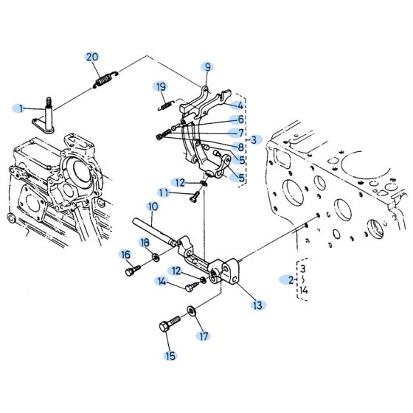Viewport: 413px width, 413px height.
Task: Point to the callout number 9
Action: [x=208, y=66]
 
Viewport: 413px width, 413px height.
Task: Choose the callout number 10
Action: [x=152, y=207]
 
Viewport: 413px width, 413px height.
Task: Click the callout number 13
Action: [x=257, y=304]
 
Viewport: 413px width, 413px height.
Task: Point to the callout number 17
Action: [x=204, y=336]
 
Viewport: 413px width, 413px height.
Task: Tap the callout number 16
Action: [x=125, y=254]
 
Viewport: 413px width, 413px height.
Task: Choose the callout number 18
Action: [x=145, y=242]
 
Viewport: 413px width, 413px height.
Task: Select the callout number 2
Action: [x=291, y=280]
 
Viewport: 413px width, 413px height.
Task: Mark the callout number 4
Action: [x=240, y=105]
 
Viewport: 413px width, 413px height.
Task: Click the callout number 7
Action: [x=240, y=133]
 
